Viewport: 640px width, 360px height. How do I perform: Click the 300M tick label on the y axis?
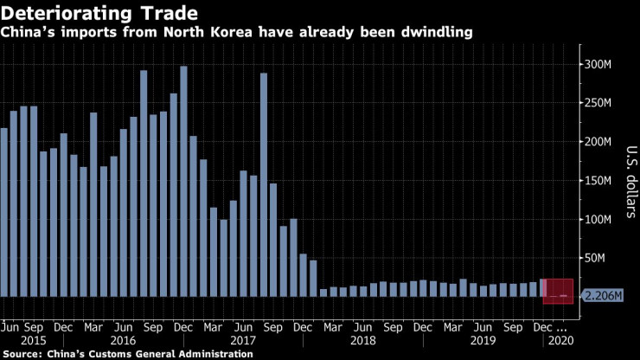pos(601,64)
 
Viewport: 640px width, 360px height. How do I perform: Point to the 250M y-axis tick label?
pos(601,103)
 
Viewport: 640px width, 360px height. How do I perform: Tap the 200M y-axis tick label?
pos(601,142)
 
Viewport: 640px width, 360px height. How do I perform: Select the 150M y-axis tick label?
pos(601,180)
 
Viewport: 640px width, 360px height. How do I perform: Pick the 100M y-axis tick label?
pos(601,219)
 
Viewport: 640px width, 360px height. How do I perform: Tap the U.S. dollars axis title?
pos(629,182)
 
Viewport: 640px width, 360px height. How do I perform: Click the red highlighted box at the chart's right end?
pos(558,291)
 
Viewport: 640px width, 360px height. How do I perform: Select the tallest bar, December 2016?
pos(183,182)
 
